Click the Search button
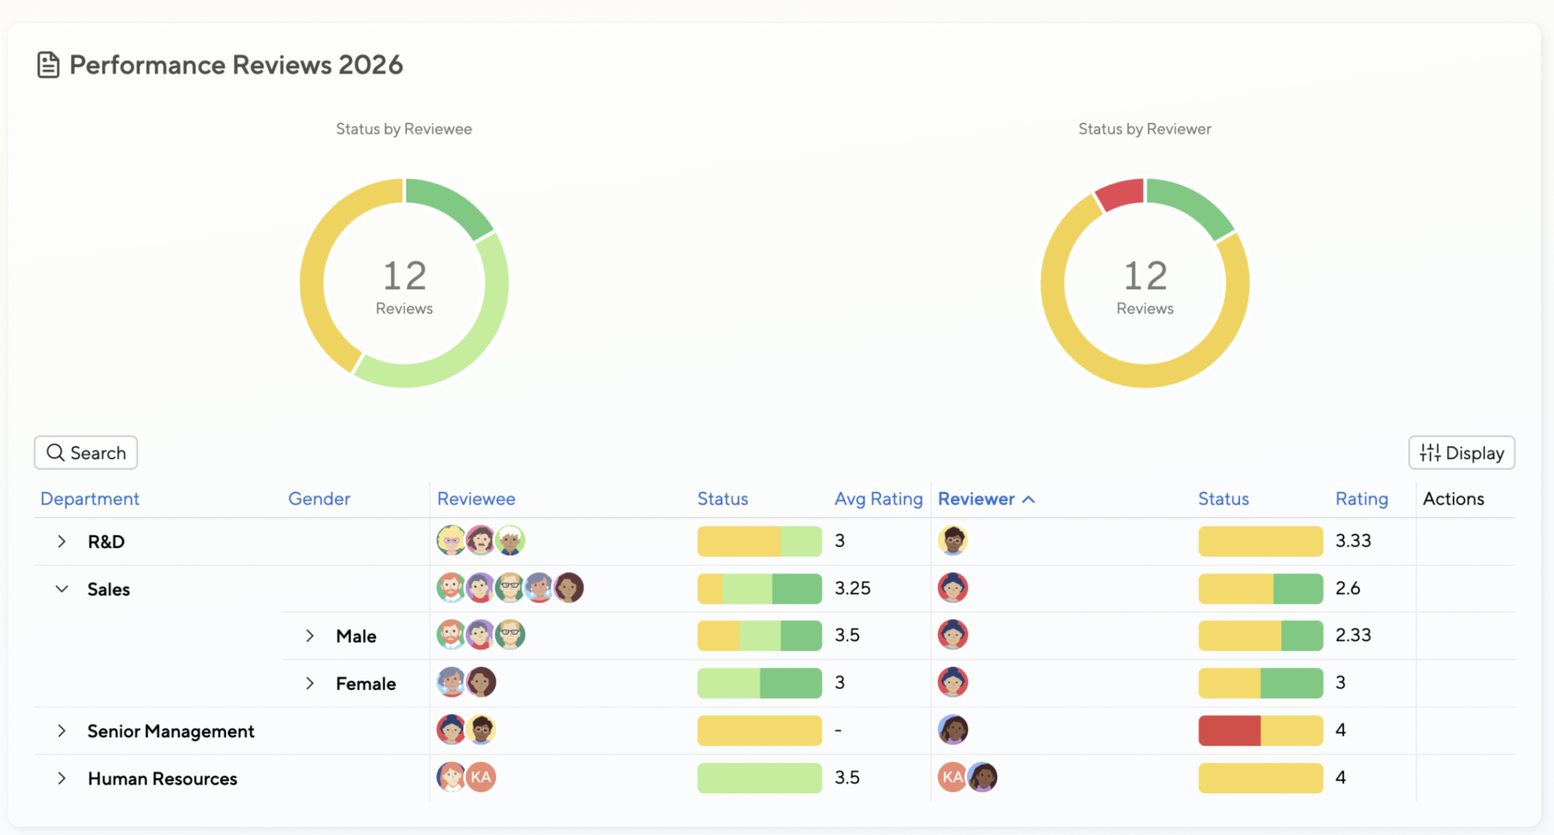(x=86, y=453)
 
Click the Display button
(x=1461, y=453)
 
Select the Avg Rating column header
(x=878, y=499)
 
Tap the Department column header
(x=89, y=499)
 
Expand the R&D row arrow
(x=61, y=541)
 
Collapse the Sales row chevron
(x=61, y=589)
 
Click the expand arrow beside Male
(x=309, y=636)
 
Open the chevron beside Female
(x=309, y=683)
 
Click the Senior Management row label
(x=171, y=731)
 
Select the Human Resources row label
(x=162, y=778)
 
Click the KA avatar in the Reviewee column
(x=481, y=777)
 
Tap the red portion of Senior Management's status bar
(x=1229, y=731)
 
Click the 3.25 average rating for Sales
(x=852, y=588)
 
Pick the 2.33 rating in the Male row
(x=1353, y=635)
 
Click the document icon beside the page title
(x=48, y=65)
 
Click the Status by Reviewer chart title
(x=1144, y=129)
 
